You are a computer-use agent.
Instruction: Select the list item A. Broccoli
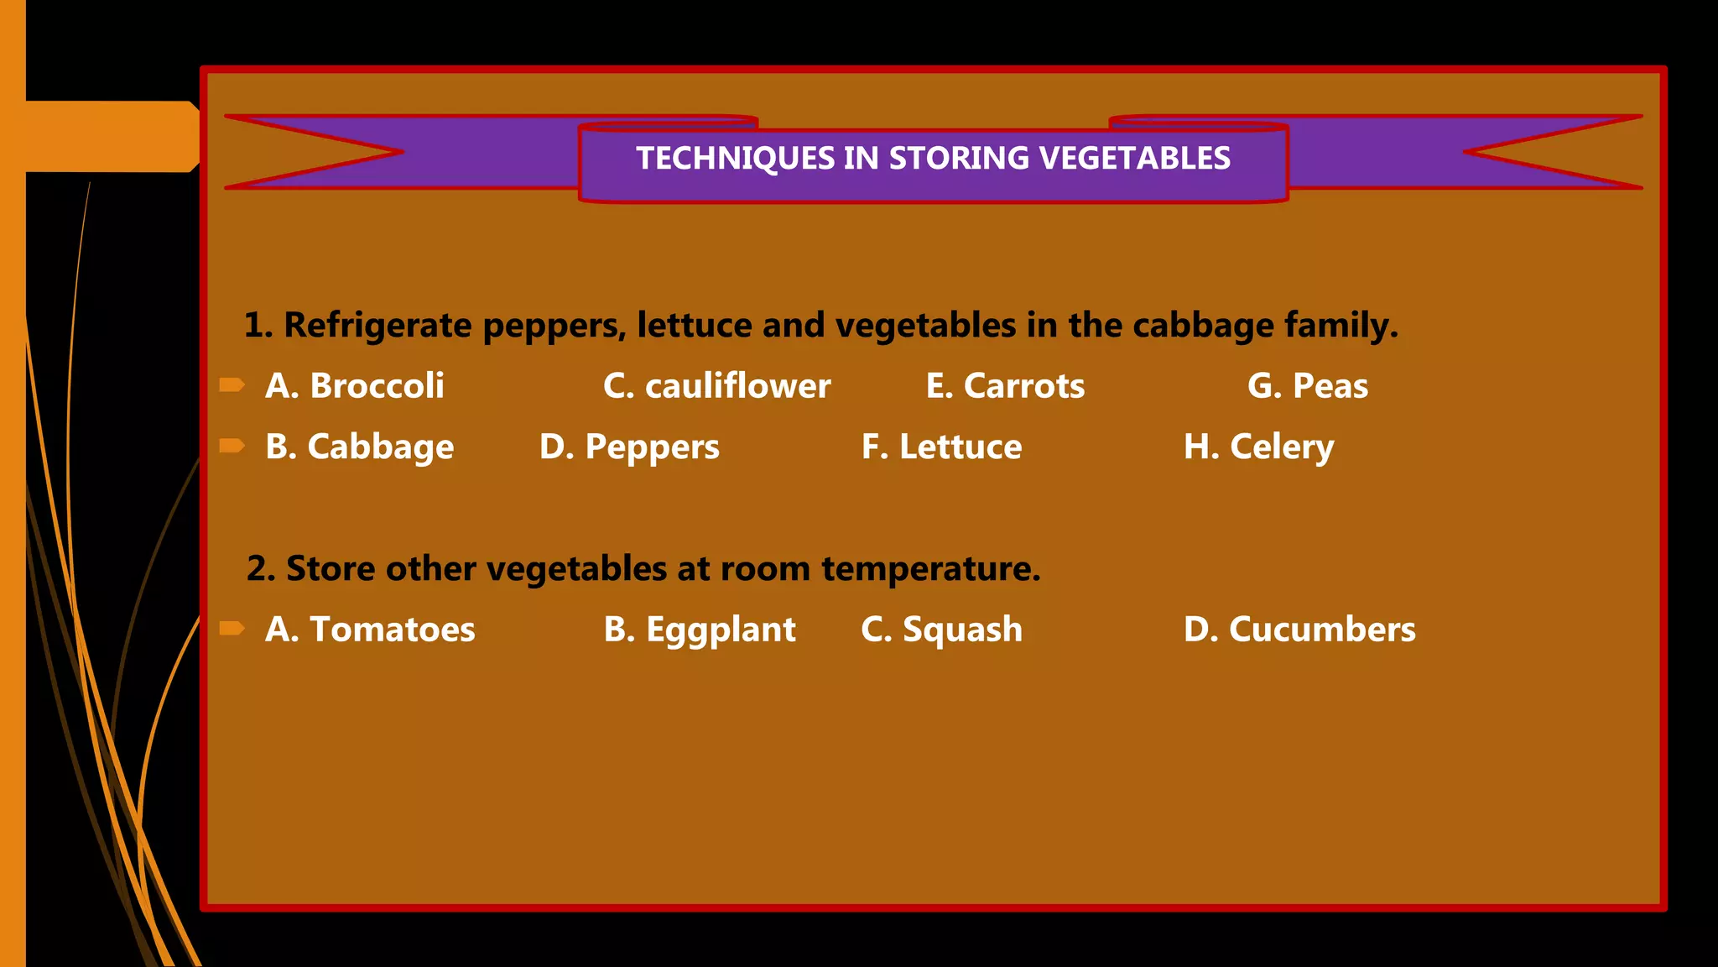point(354,386)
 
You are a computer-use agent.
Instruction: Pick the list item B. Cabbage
point(359,447)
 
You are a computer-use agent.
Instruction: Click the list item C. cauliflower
point(716,386)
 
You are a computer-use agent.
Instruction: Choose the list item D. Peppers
point(629,447)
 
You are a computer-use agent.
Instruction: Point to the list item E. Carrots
point(1005,386)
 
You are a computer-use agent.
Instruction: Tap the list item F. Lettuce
point(941,447)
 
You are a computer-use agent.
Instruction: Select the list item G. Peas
point(1307,386)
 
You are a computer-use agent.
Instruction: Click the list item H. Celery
point(1258,447)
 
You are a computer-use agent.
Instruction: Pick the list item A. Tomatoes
point(370,630)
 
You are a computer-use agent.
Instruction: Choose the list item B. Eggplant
point(700,630)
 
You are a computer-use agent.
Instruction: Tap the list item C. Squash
point(941,630)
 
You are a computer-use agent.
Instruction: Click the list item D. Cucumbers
point(1299,630)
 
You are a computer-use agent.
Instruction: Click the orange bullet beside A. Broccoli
point(232,385)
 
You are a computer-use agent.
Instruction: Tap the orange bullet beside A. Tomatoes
point(232,629)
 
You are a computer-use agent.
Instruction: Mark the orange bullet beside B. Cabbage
point(232,446)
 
